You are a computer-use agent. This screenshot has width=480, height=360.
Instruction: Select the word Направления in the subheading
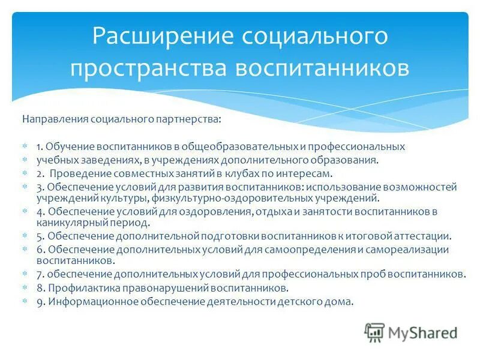coord(55,119)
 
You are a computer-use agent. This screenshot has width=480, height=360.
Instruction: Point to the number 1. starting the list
coord(40,146)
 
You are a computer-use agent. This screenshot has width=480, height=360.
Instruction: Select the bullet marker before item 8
coord(25,288)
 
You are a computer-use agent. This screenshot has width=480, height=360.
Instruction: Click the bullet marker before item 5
coord(25,236)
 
